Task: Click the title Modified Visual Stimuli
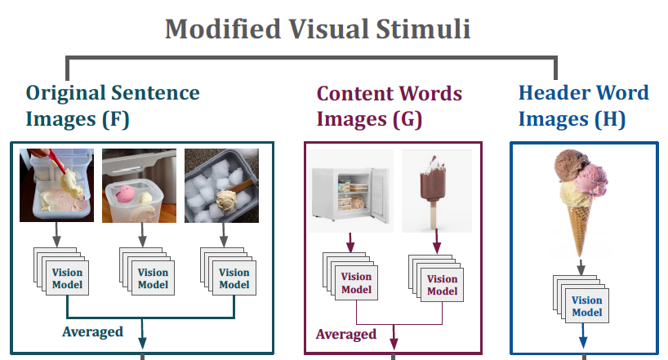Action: [318, 29]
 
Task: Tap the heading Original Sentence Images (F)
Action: [113, 105]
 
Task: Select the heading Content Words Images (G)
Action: [390, 105]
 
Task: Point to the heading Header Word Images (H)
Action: [583, 105]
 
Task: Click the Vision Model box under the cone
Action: [586, 306]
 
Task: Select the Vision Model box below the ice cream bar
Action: [442, 285]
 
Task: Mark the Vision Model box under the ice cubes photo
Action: [234, 278]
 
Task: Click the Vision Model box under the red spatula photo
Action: [66, 278]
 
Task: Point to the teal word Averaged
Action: [92, 331]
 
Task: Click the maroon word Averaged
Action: [346, 334]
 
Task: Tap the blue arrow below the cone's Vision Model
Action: [583, 337]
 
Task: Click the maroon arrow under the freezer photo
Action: [349, 242]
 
